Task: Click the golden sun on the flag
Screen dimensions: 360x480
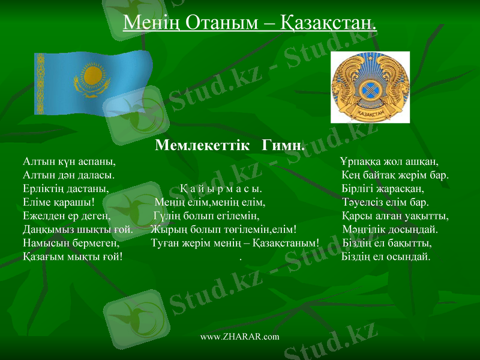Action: tap(92, 76)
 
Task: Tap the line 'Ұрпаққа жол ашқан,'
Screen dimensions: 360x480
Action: tap(389, 162)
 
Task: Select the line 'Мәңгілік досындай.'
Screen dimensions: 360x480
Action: tap(391, 229)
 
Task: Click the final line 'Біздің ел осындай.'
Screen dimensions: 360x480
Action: tap(385, 256)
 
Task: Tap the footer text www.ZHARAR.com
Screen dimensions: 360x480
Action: tap(239, 337)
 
